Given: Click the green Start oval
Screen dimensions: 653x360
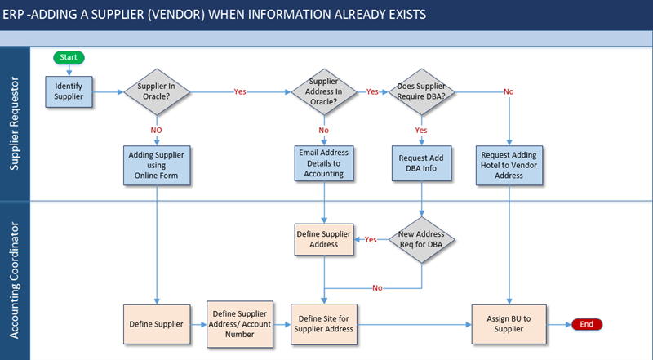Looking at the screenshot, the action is (x=69, y=57).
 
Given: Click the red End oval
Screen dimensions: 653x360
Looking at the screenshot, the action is (x=586, y=324).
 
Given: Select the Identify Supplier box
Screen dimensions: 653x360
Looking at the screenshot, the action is (x=69, y=91).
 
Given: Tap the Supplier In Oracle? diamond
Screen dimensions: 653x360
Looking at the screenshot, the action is (x=157, y=91).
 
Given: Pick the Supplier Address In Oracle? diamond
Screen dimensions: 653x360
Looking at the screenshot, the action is (x=323, y=91).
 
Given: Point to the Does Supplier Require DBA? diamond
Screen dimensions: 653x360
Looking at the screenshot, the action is (x=421, y=91).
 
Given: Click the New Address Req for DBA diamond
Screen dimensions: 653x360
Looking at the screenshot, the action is (x=421, y=239).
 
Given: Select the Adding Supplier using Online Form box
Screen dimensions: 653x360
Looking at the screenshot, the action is (x=157, y=166).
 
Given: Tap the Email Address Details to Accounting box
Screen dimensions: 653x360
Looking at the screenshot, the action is (x=324, y=163).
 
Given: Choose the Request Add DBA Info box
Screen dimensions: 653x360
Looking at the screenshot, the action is (x=421, y=163).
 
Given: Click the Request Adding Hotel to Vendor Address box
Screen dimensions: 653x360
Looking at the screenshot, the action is (x=509, y=166).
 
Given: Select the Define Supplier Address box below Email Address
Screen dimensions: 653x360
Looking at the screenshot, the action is (x=324, y=239).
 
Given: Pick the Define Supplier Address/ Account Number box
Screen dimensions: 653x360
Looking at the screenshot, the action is (x=240, y=324).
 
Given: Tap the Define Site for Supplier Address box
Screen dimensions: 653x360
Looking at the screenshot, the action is (x=324, y=324).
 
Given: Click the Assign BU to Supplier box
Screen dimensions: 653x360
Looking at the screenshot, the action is (x=509, y=324).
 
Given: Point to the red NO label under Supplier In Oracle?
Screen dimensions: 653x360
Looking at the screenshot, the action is (x=156, y=131).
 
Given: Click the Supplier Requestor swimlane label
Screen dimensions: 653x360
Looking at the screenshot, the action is (x=14, y=123).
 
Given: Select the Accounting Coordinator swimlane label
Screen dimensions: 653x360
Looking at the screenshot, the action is (x=14, y=280).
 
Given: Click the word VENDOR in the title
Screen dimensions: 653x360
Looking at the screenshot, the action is (x=176, y=15).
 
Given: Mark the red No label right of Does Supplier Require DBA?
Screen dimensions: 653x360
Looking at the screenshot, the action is (x=509, y=91).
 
